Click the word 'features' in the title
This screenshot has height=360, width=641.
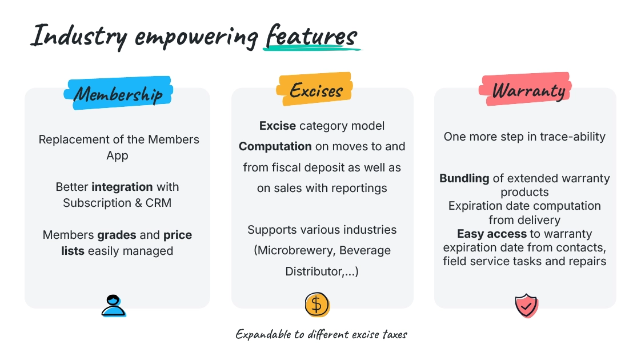[x=311, y=36]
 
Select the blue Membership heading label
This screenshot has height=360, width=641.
[x=118, y=93]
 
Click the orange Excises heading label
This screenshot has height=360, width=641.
[x=314, y=89]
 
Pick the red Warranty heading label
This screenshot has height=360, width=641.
[x=525, y=89]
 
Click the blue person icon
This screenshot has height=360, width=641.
[x=114, y=306]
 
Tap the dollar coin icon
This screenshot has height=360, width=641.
[x=317, y=305]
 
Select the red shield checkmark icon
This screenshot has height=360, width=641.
[x=527, y=306]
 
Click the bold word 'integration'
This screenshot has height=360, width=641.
[x=122, y=187]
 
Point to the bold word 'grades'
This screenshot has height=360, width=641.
[x=117, y=235]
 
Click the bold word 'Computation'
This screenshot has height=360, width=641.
[x=275, y=146]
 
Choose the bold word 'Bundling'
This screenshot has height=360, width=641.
[x=464, y=178]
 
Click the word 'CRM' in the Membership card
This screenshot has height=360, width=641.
[x=158, y=203]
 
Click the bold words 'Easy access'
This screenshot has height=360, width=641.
[x=492, y=234]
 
